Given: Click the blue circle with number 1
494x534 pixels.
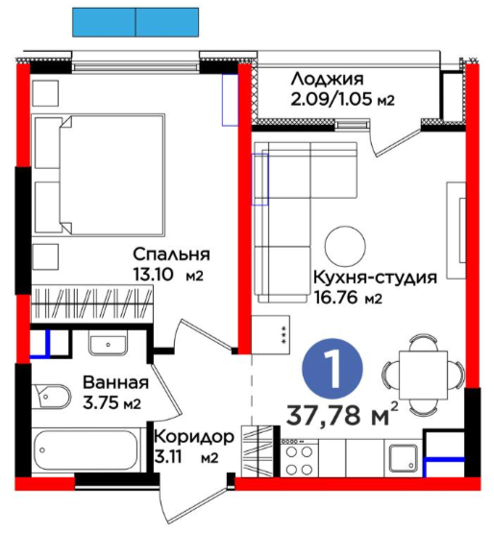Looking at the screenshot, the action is click(333, 369).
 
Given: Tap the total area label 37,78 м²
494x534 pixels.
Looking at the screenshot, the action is click(342, 414).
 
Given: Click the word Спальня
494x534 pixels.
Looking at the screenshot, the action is click(171, 255).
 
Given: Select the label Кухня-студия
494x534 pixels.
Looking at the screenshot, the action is click(375, 278).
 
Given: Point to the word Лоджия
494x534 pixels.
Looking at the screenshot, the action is click(328, 79).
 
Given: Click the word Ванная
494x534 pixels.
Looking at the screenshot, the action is click(116, 382).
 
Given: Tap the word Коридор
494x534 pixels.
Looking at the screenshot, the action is click(194, 437).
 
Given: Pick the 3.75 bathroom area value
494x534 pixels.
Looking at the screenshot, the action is click(102, 403).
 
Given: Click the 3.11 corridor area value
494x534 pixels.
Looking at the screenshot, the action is click(169, 457).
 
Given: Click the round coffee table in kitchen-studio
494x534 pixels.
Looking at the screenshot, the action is click(345, 246).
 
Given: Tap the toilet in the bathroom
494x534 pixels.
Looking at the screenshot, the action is click(52, 397).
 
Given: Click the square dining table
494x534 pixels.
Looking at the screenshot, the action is click(423, 375).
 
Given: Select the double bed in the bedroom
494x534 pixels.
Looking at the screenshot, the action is click(98, 175).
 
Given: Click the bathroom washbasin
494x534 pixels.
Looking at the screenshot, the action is click(108, 342).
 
